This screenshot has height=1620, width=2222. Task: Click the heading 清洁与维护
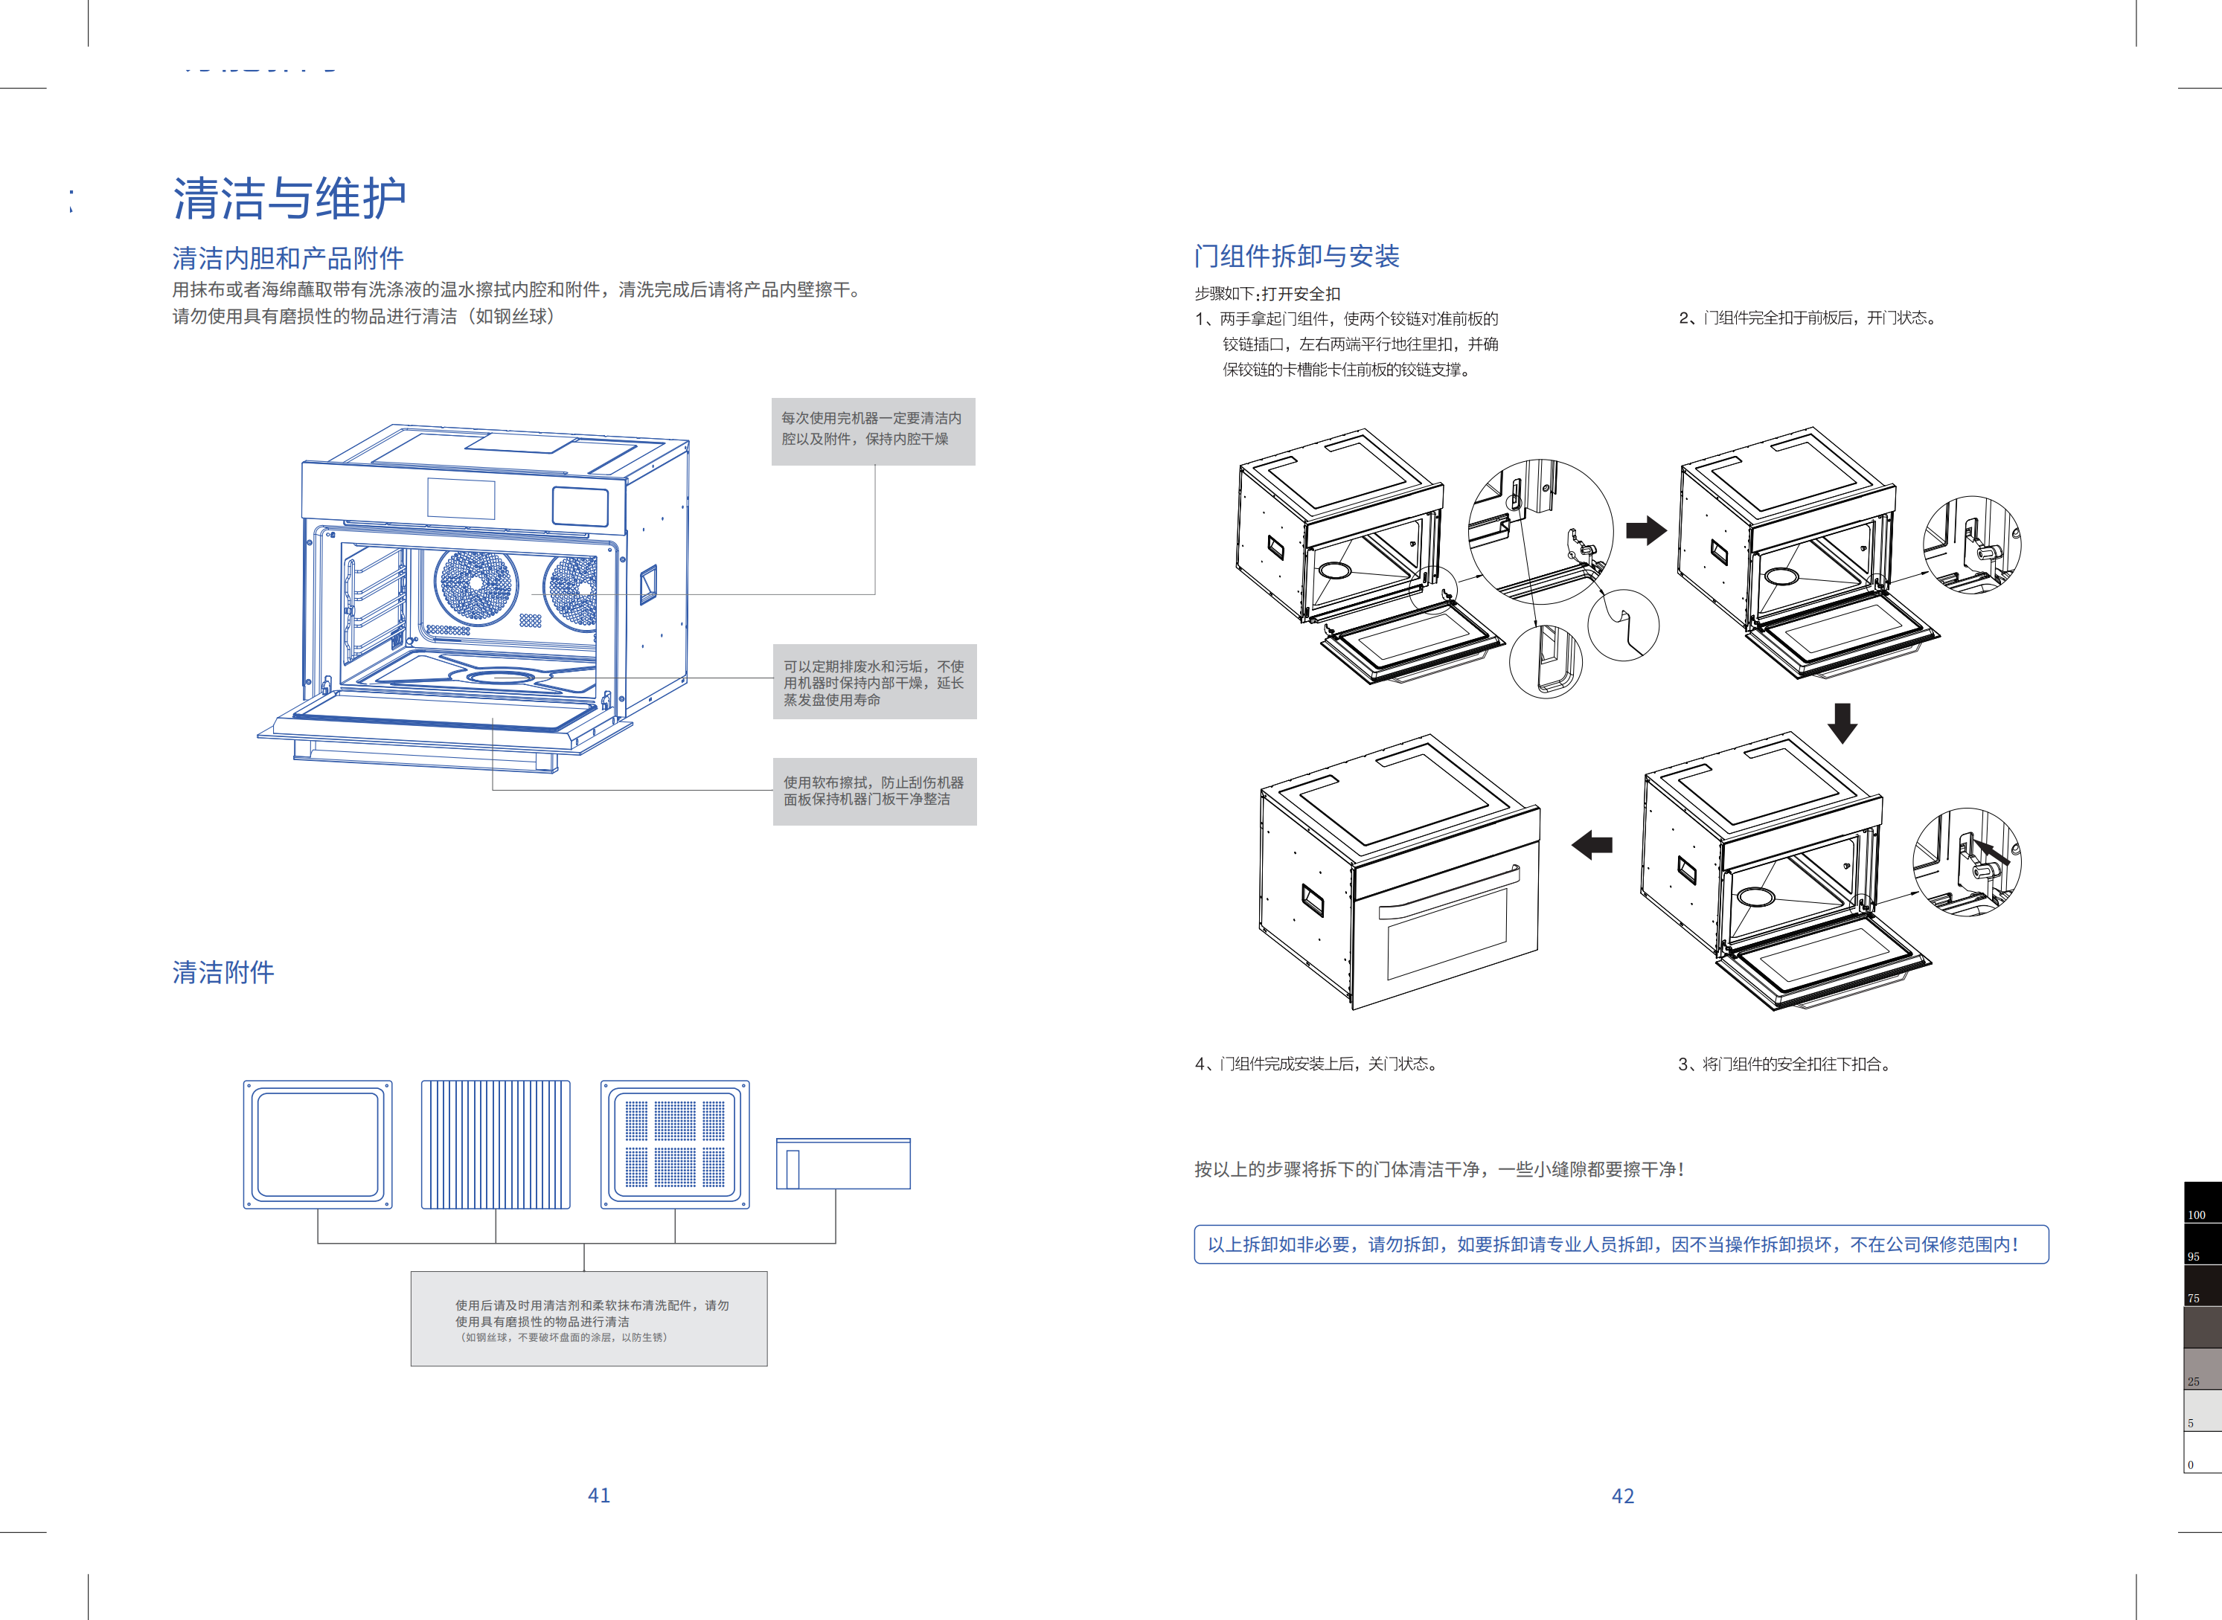pyautogui.click(x=289, y=199)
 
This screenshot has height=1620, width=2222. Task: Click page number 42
pyautogui.click(x=1623, y=1497)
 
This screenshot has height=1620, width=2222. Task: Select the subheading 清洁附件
pyautogui.click(x=224, y=972)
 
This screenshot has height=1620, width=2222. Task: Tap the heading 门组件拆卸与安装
pyautogui.click(x=1296, y=256)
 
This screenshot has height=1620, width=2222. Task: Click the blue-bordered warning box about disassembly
pyautogui.click(x=1621, y=1244)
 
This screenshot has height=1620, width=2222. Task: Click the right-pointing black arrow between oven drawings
pyautogui.click(x=1646, y=530)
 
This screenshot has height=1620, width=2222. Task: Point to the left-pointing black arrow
pyautogui.click(x=1592, y=844)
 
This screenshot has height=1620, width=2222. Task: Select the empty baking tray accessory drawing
pyautogui.click(x=318, y=1145)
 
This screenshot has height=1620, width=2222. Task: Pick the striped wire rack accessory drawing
pyautogui.click(x=496, y=1145)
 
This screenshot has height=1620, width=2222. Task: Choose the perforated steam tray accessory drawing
pyautogui.click(x=675, y=1145)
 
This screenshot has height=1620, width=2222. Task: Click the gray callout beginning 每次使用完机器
pyautogui.click(x=873, y=431)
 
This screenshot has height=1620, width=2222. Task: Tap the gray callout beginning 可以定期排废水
pyautogui.click(x=874, y=681)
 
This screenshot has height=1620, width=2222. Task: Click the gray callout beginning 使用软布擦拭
pyautogui.click(x=874, y=791)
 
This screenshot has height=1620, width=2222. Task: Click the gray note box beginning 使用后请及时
pyautogui.click(x=589, y=1319)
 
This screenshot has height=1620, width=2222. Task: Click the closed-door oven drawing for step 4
pyautogui.click(x=1399, y=872)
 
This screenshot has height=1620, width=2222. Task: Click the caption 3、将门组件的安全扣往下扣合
pyautogui.click(x=1785, y=1064)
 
